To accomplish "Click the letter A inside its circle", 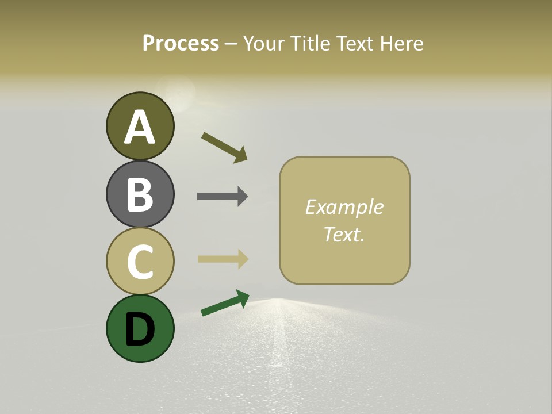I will [140, 127].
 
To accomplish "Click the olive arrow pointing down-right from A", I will [224, 147].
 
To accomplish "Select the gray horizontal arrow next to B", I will [223, 196].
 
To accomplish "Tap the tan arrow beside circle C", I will [223, 259].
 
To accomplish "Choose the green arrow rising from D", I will [225, 303].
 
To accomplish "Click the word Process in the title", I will [181, 43].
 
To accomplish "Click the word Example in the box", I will [344, 207].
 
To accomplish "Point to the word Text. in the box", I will [344, 234].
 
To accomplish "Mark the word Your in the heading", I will [264, 43].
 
